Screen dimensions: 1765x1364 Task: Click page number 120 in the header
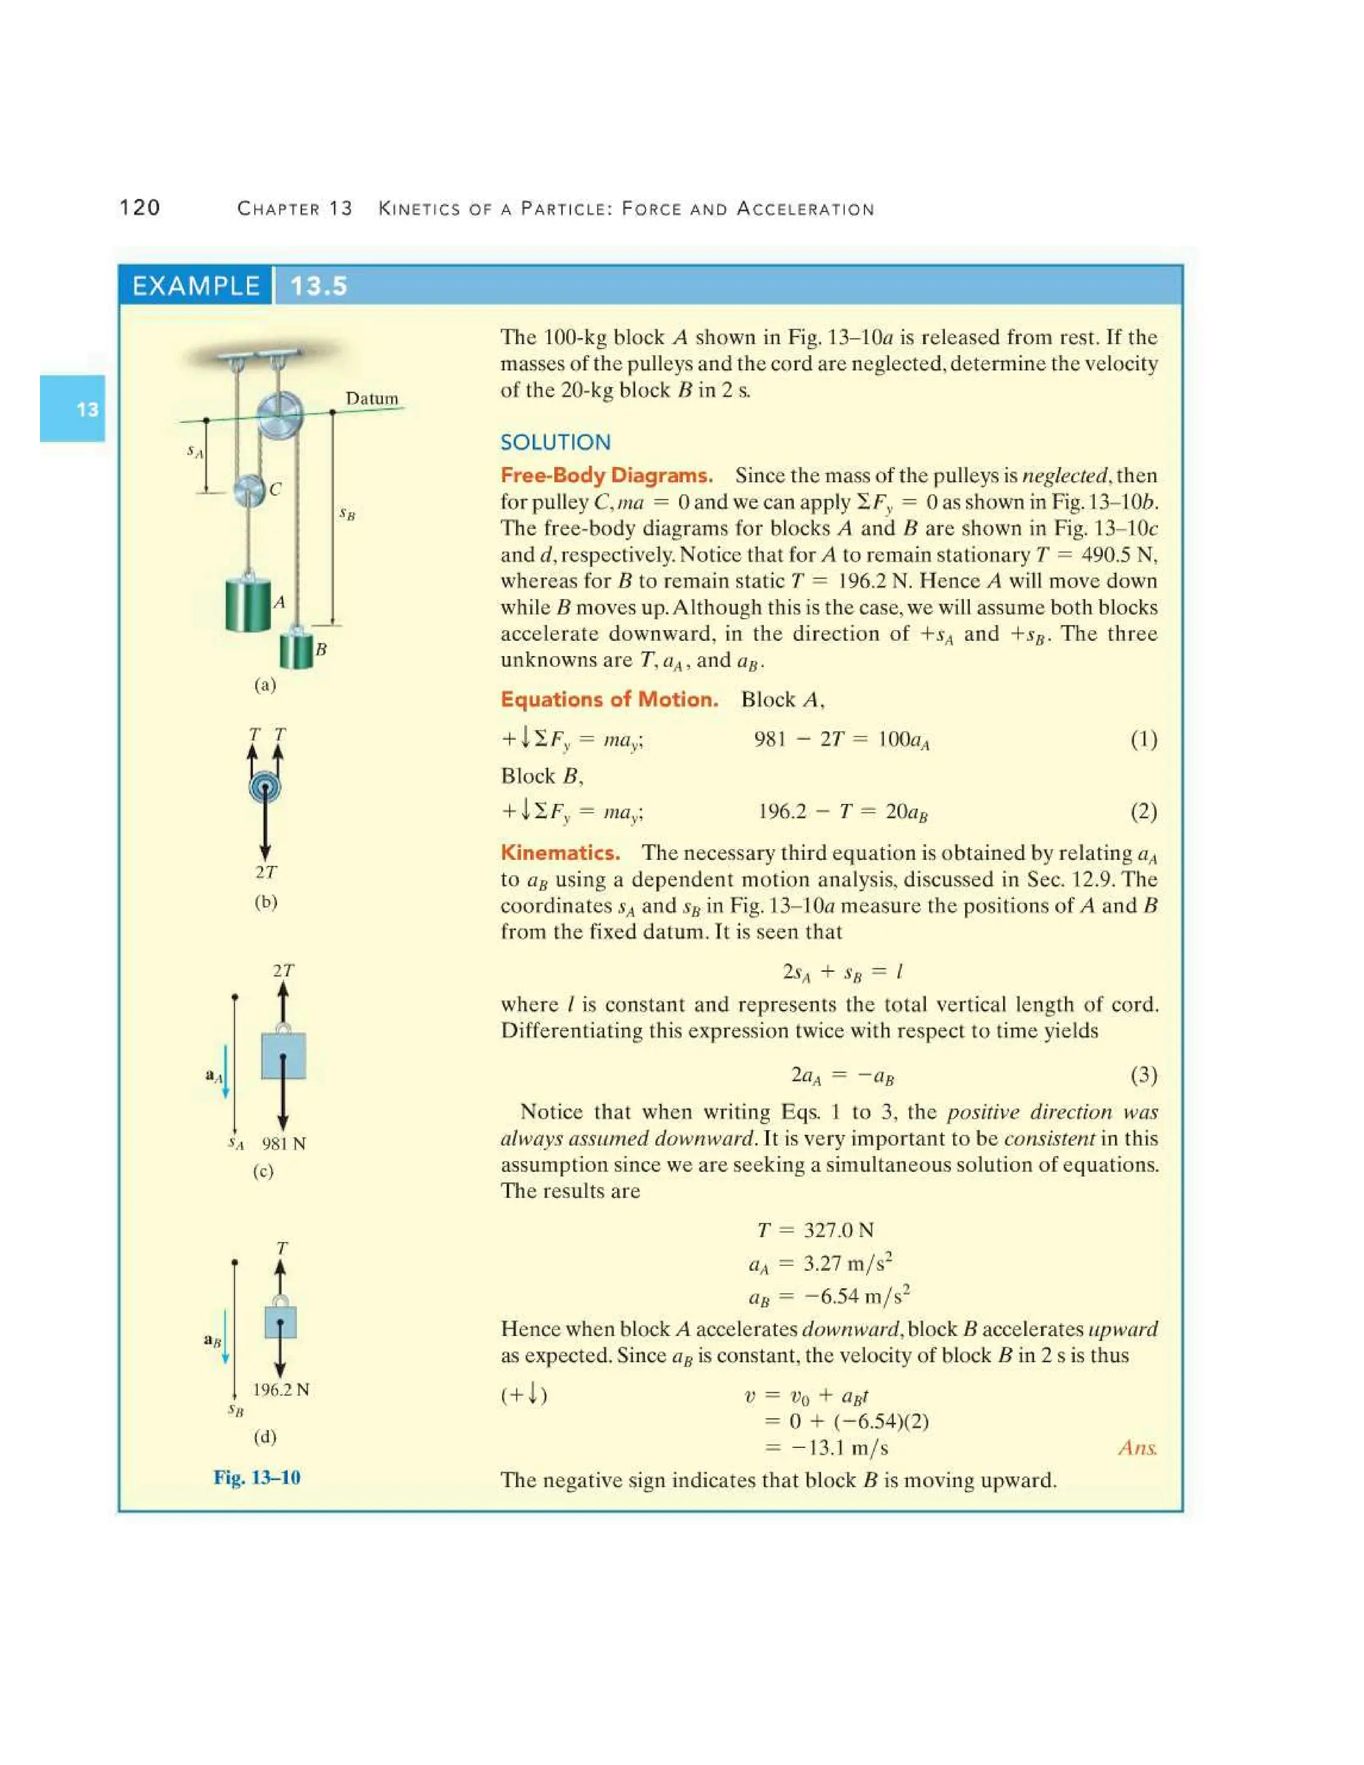(140, 208)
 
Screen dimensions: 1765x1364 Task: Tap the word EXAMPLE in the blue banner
(196, 286)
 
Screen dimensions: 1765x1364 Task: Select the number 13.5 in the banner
(318, 286)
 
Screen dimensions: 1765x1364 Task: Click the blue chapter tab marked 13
(73, 408)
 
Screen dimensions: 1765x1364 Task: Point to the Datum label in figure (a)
(372, 398)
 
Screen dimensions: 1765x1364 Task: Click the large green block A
(248, 603)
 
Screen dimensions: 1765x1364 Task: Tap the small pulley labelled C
(250, 491)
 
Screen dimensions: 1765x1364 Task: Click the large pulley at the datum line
(280, 416)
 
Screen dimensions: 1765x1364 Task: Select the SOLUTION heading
(555, 442)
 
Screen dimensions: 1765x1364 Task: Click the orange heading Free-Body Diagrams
(606, 475)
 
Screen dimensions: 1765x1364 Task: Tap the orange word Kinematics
(560, 853)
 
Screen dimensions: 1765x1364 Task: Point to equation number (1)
(1144, 739)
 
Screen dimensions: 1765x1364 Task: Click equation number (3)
(1144, 1075)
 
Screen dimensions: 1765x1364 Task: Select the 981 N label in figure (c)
(284, 1144)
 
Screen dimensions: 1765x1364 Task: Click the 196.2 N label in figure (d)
(280, 1390)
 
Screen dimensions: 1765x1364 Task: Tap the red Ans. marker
(1138, 1447)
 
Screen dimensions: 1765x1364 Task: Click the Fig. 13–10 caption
(257, 1477)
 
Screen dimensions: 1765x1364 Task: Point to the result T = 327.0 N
(815, 1230)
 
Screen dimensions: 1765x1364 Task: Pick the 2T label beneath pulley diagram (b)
(266, 872)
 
